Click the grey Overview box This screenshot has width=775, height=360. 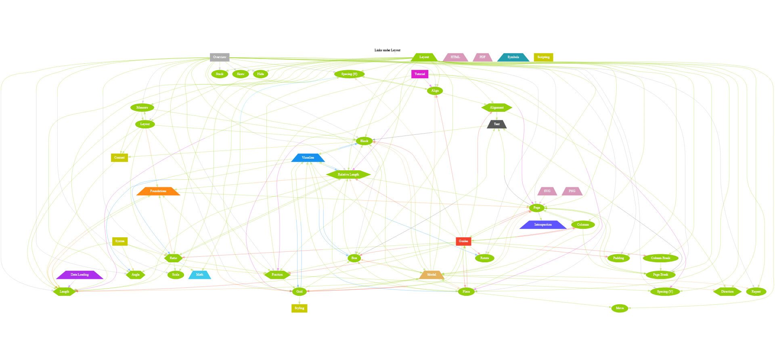pyautogui.click(x=220, y=57)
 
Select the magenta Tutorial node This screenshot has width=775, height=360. pyautogui.click(x=420, y=74)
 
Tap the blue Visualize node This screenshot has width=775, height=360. pyautogui.click(x=308, y=158)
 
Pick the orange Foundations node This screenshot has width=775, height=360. pyautogui.click(x=158, y=191)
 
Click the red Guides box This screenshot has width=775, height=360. pyautogui.click(x=463, y=241)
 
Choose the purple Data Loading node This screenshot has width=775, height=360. pyautogui.click(x=80, y=275)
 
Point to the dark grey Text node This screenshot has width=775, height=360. pyautogui.click(x=496, y=124)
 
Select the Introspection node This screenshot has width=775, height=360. pyautogui.click(x=543, y=225)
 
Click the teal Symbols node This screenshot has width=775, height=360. pyautogui.click(x=513, y=57)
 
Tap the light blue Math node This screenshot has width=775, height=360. pyautogui.click(x=200, y=275)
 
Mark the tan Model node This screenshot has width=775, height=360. pyautogui.click(x=431, y=275)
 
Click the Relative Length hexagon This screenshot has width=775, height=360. pyautogui.click(x=348, y=175)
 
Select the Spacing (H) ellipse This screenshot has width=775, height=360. pyautogui.click(x=349, y=74)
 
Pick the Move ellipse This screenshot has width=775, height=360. pyautogui.click(x=620, y=308)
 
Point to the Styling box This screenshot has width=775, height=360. pyautogui.click(x=299, y=308)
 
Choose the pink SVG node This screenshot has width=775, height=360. pyautogui.click(x=547, y=191)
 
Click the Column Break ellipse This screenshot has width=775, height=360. pyautogui.click(x=660, y=258)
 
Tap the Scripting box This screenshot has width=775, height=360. pyautogui.click(x=543, y=57)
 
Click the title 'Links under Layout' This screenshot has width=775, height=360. pyautogui.click(x=387, y=50)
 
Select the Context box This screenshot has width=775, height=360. pyautogui.click(x=119, y=158)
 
